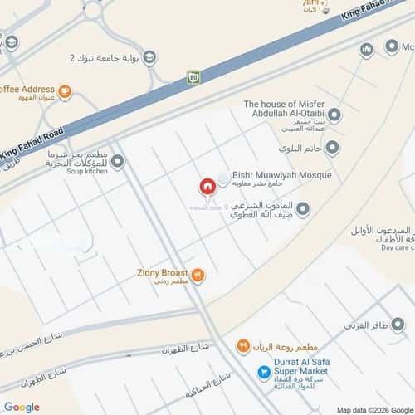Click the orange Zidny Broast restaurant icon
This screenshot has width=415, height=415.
tap(198, 274)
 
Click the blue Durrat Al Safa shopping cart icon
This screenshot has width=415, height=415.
tap(263, 372)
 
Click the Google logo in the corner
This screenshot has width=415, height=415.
tap(21, 406)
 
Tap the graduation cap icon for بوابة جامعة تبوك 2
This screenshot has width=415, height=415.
tap(149, 56)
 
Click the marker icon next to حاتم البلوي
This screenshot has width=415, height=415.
tap(333, 149)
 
